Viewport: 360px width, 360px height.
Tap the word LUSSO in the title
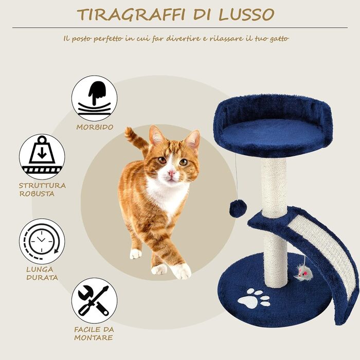pyautogui.click(x=246, y=15)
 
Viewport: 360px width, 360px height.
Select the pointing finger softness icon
pyautogui.click(x=94, y=98)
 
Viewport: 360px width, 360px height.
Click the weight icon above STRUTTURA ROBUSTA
pyautogui.click(x=42, y=157)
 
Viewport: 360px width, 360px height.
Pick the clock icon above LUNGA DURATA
pyautogui.click(x=42, y=241)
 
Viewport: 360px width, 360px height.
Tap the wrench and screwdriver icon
pyautogui.click(x=94, y=301)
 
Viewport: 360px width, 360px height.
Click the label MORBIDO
pyautogui.click(x=95, y=127)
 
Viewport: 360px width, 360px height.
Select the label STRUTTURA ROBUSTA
pyautogui.click(x=42, y=189)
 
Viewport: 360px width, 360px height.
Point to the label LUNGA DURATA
pyautogui.click(x=42, y=274)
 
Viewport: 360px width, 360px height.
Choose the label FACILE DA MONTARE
pyautogui.click(x=94, y=334)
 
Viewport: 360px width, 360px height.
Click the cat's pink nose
pyautogui.click(x=171, y=173)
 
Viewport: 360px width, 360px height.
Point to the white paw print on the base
pyautogui.click(x=254, y=299)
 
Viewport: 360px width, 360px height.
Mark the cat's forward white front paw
pyautogui.click(x=182, y=271)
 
